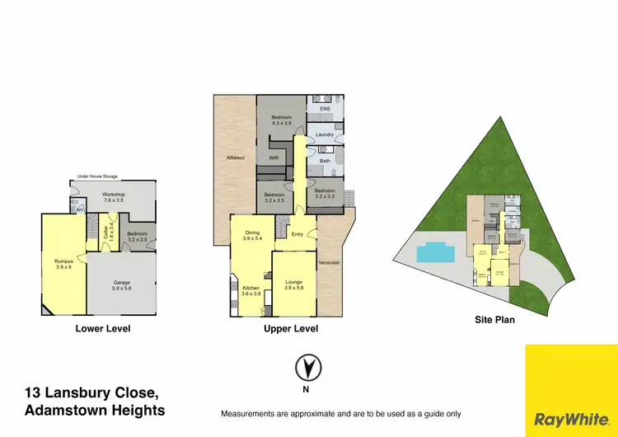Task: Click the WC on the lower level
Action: [x=80, y=209]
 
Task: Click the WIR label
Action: [x=274, y=157]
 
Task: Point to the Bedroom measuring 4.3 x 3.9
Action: [x=282, y=120]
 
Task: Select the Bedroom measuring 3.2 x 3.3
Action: [x=325, y=194]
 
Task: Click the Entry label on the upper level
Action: [x=297, y=233]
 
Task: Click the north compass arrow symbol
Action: [x=307, y=365]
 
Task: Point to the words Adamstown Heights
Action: [x=95, y=411]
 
